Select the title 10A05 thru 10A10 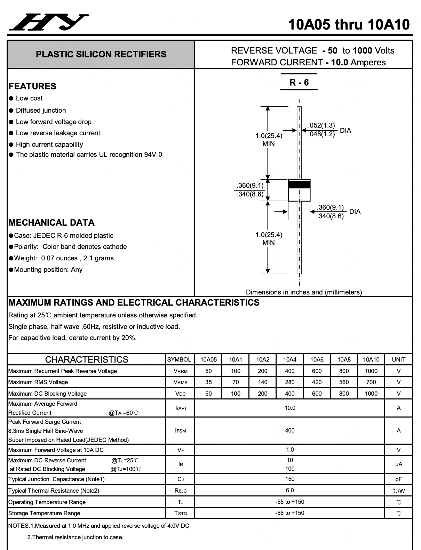pos(349,24)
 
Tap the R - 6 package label pos(299,82)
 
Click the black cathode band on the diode pos(299,184)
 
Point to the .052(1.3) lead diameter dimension pos(321,126)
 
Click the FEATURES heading pos(32,86)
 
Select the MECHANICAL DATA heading pos(51,223)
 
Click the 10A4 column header pos(289,359)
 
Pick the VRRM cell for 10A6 pos(317,371)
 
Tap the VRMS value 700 pos(371,382)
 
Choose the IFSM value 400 pos(289,430)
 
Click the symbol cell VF pos(180,450)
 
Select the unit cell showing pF pos(398,479)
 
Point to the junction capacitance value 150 pos(289,479)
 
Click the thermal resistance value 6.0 pos(289,490)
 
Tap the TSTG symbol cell pos(180,513)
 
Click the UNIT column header pos(398,359)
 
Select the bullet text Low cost pos(29,98)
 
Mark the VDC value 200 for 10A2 pos(263,394)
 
